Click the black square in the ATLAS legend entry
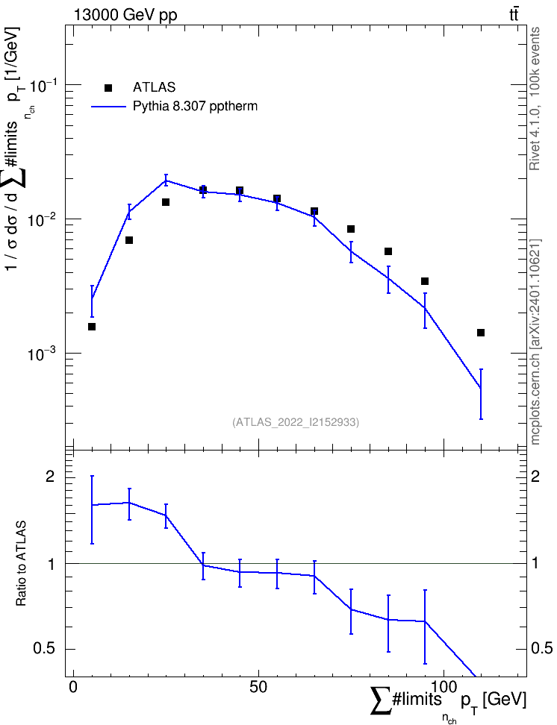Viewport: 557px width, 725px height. pos(108,88)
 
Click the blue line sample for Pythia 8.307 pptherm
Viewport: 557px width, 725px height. pos(109,107)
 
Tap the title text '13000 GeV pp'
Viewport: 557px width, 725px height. pos(125,15)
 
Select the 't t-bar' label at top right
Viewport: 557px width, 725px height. pos(514,14)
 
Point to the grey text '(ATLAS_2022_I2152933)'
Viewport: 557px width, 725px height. pos(296,422)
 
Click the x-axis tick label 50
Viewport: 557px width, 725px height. pos(258,687)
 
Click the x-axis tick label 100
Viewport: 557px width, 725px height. pos(444,687)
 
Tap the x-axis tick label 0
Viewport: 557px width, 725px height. pos(73,687)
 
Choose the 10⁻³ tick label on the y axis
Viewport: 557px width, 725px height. pos(43,354)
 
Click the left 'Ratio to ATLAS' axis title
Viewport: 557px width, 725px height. pos(21,563)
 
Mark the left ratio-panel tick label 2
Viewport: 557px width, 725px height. pos(50,477)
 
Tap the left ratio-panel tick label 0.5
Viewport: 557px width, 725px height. pos(44,649)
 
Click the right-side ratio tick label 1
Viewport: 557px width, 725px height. pos(535,563)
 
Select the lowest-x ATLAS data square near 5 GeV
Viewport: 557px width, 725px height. pos(92,327)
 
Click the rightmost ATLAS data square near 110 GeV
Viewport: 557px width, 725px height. pos(481,333)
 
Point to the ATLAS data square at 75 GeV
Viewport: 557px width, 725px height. pos(351,229)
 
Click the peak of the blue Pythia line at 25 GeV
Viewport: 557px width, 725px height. pos(166,181)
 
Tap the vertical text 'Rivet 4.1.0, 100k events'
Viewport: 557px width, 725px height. pos(535,98)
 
